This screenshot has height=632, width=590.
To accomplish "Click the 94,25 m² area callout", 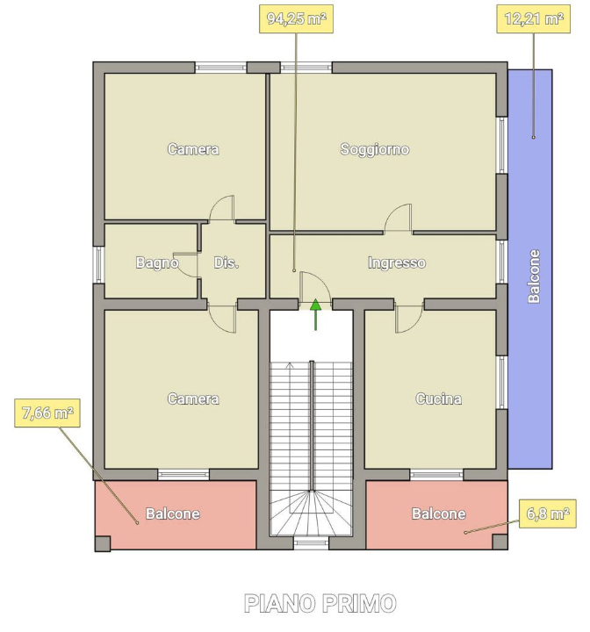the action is pos(296,18).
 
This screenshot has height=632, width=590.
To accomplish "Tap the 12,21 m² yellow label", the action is pos(533,18).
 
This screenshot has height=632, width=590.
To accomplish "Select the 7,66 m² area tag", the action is pos(47,413).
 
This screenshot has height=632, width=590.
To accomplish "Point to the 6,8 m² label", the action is pos(548,513).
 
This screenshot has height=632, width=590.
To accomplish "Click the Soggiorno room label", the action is pos(375,149).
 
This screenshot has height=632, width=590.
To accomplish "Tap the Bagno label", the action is pos(157,262).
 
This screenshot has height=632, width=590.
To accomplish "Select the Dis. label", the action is pos(227,262).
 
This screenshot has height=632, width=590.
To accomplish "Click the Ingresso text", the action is pos(397,262).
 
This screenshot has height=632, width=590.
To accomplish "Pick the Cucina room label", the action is pos(438,399).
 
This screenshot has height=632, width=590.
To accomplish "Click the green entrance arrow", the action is pos(315,314).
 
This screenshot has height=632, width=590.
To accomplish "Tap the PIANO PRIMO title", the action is pos(320,603).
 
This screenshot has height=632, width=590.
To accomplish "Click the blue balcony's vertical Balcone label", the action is pos(534,276).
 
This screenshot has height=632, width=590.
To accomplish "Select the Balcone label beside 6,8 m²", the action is pos(438,513).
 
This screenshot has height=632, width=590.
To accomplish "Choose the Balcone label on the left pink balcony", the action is pos(173,513).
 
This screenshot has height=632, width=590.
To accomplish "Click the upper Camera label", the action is pos(193,149).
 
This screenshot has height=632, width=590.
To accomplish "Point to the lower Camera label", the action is pos(193,399).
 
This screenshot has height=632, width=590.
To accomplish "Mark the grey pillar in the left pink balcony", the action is pos(103,543).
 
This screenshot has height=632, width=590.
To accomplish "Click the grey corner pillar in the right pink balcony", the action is pos(500,542).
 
